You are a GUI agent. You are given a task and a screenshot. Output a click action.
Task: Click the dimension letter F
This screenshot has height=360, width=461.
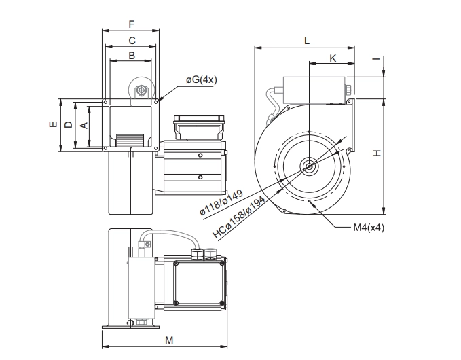pyautogui.click(x=132, y=24)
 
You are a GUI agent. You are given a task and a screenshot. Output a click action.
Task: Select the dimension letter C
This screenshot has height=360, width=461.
pyautogui.click(x=132, y=40)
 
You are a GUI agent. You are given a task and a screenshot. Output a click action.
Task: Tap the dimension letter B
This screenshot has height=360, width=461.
pyautogui.click(x=132, y=55)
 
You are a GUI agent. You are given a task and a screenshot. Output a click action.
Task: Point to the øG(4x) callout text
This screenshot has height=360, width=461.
pyautogui.click(x=202, y=79)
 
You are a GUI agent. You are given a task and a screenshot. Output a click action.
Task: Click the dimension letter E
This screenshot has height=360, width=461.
pyautogui.click(x=53, y=124)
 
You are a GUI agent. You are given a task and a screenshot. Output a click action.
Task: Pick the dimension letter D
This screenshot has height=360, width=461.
pyautogui.click(x=68, y=125)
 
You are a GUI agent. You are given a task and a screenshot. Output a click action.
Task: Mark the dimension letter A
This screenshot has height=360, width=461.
pyautogui.click(x=84, y=125)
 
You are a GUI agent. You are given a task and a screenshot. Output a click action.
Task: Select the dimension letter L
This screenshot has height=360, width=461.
pyautogui.click(x=307, y=41)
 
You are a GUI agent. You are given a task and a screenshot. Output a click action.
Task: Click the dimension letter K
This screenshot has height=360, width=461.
pyautogui.click(x=333, y=58)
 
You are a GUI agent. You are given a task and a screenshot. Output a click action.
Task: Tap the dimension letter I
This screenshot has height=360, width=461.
pyautogui.click(x=376, y=59)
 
